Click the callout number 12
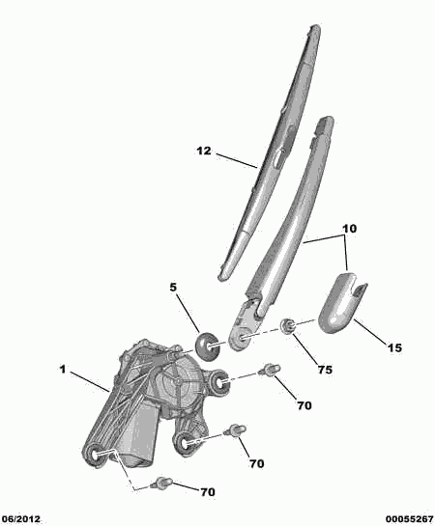pyautogui.click(x=204, y=151)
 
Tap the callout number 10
pyautogui.click(x=349, y=229)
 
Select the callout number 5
pyautogui.click(x=173, y=288)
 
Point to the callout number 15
pyautogui.click(x=394, y=347)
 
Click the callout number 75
pyautogui.click(x=325, y=370)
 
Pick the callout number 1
pyautogui.click(x=63, y=370)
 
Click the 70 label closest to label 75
pyautogui.click(x=304, y=406)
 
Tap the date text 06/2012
pyautogui.click(x=20, y=519)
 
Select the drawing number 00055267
pyautogui.click(x=410, y=519)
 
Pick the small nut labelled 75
pyautogui.click(x=288, y=325)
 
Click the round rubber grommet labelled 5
pyautogui.click(x=207, y=346)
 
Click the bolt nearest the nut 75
pyautogui.click(x=269, y=371)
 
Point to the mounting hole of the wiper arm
pyautogui.click(x=242, y=339)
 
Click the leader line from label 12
pyautogui.click(x=237, y=161)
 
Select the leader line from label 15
pyautogui.click(x=370, y=330)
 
